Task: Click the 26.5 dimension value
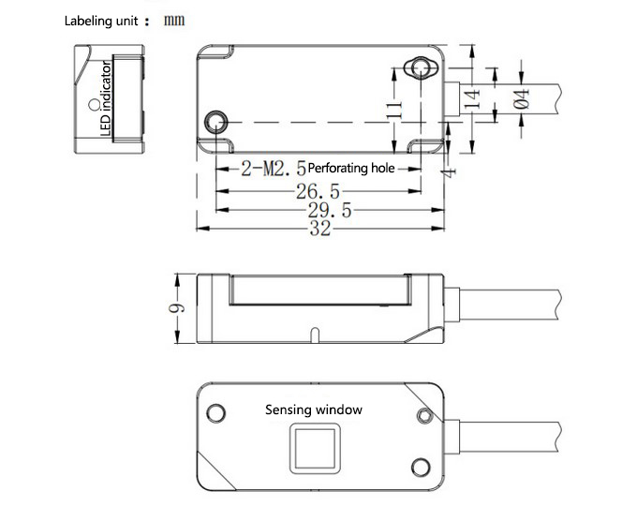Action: point(318,193)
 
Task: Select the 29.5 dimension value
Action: point(329,212)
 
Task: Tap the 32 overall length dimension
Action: point(320,230)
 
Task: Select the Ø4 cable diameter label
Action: point(522,98)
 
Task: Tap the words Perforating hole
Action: point(350,169)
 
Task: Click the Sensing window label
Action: point(313,409)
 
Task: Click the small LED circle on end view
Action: point(91,103)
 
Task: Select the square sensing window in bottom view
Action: point(313,447)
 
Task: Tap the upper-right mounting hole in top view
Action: point(416,69)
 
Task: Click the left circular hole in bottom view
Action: point(216,412)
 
